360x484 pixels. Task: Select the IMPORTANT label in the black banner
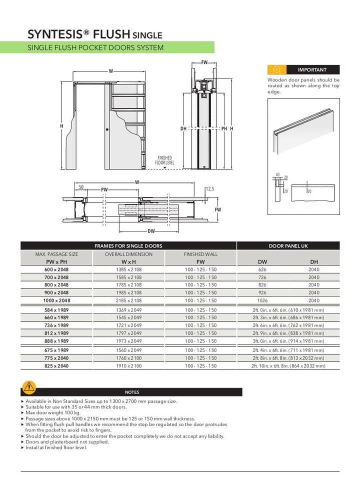(312, 70)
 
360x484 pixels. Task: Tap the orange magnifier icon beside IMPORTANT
(277, 70)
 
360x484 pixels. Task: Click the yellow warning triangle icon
(29, 387)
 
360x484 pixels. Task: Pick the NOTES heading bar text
(132, 392)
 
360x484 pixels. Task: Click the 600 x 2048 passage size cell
(56, 269)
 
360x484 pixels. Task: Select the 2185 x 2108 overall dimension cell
(128, 300)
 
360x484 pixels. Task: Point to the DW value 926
(262, 292)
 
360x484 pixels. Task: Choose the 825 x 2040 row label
(56, 366)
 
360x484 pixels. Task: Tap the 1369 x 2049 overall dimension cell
(128, 310)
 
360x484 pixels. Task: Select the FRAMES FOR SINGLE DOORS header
(128, 246)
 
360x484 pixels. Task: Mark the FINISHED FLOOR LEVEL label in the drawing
(164, 160)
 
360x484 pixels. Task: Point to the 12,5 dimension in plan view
(210, 189)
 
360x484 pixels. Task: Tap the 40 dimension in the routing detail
(277, 174)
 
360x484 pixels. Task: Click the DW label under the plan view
(151, 231)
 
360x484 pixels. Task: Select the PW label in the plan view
(104, 190)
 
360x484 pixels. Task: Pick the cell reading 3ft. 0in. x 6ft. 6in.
(288, 341)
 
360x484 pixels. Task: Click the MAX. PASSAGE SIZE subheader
(56, 254)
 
